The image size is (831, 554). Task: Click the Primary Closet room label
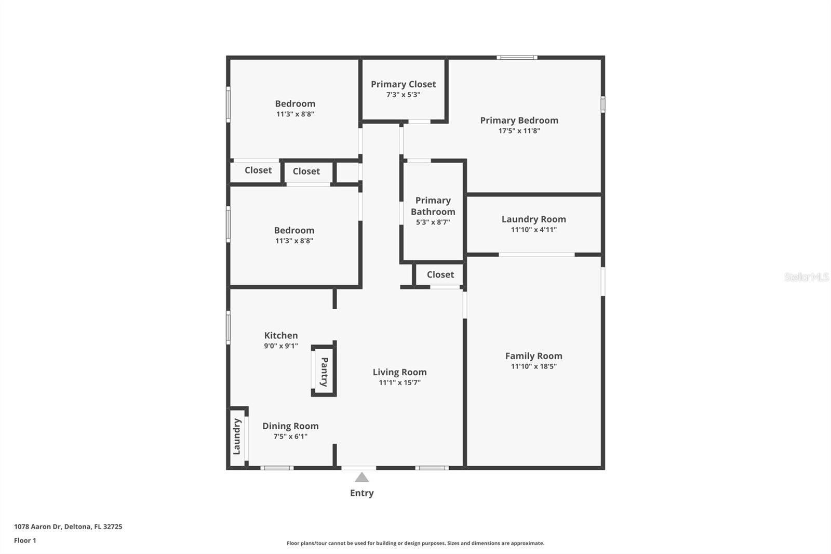click(x=403, y=84)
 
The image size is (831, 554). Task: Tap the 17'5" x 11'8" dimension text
click(x=519, y=131)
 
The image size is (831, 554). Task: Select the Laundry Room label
click(x=533, y=219)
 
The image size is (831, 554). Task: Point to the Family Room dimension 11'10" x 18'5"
click(x=533, y=366)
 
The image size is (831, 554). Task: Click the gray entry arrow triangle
click(x=362, y=478)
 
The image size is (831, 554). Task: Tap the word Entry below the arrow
click(x=362, y=493)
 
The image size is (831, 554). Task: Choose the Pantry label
click(x=324, y=372)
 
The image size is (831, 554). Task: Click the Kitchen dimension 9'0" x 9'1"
click(x=280, y=346)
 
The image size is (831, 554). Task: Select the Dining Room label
click(x=290, y=426)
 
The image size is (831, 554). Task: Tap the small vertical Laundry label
click(x=237, y=437)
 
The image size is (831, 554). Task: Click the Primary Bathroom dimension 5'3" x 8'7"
click(x=433, y=222)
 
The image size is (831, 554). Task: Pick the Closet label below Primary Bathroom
click(x=440, y=274)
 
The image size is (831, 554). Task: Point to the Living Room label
click(x=399, y=372)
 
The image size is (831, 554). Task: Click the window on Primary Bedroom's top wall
click(x=517, y=58)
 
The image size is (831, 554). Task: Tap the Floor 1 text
click(x=25, y=540)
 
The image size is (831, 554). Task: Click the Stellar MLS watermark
click(x=806, y=277)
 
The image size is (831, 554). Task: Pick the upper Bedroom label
click(x=295, y=103)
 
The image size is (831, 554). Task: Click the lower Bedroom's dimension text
click(x=294, y=241)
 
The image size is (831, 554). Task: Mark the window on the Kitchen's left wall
click(x=228, y=327)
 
